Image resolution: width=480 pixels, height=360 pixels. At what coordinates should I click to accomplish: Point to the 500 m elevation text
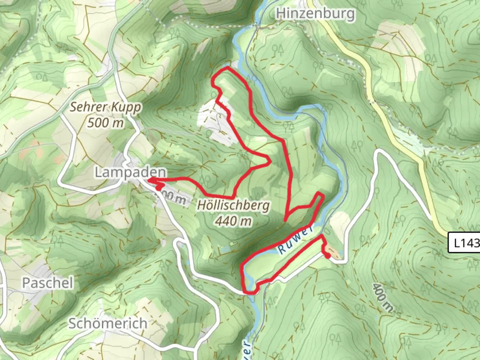(x=105, y=123)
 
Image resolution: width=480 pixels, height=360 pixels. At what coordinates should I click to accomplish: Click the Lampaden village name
(x=130, y=172)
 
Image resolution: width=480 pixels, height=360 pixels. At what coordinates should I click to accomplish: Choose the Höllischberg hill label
(x=233, y=205)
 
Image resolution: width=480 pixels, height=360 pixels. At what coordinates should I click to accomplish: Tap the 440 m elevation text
(x=233, y=221)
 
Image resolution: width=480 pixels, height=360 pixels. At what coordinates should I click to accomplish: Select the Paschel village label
(x=48, y=283)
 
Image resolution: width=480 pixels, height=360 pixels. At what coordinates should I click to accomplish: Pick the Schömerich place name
(x=108, y=323)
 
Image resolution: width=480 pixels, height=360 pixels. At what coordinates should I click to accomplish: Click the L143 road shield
(x=465, y=243)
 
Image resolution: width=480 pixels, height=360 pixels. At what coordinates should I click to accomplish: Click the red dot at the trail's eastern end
(x=328, y=256)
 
